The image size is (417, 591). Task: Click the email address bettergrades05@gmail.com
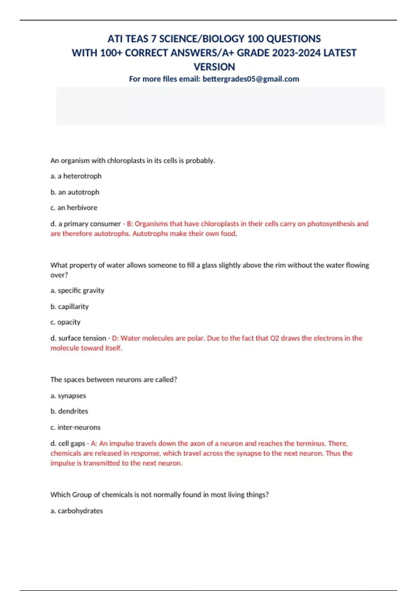pyautogui.click(x=251, y=79)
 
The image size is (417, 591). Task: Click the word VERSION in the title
pyautogui.click(x=214, y=67)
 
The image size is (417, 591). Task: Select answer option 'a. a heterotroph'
pyautogui.click(x=76, y=176)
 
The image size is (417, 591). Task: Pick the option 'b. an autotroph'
pyautogui.click(x=75, y=192)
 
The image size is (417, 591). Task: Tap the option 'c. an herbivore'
pyautogui.click(x=74, y=208)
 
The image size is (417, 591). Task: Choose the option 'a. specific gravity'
pyautogui.click(x=77, y=290)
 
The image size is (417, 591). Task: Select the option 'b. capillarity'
pyautogui.click(x=69, y=306)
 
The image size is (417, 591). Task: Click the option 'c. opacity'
pyautogui.click(x=65, y=322)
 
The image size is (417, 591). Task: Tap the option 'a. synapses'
pyautogui.click(x=68, y=396)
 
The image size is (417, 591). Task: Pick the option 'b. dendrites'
pyautogui.click(x=69, y=411)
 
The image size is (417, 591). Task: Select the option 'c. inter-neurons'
pyautogui.click(x=75, y=427)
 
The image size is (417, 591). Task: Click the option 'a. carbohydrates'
pyautogui.click(x=76, y=511)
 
